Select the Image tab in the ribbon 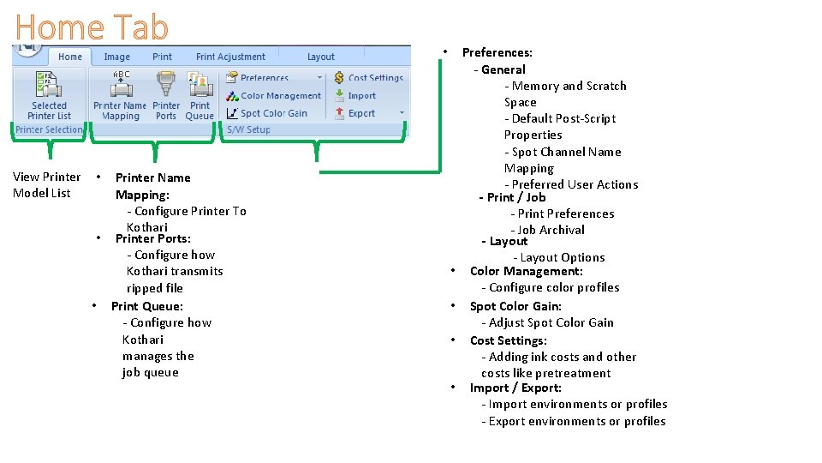pyautogui.click(x=117, y=57)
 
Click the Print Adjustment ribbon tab pyautogui.click(x=230, y=57)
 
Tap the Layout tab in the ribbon pyautogui.click(x=321, y=57)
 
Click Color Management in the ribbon pyautogui.click(x=274, y=96)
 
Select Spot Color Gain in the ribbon pyautogui.click(x=267, y=113)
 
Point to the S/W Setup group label pyautogui.click(x=248, y=129)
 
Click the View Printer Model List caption pyautogui.click(x=46, y=184)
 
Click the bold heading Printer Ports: pyautogui.click(x=152, y=238)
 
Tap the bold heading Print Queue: pyautogui.click(x=146, y=306)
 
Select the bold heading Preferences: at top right pyautogui.click(x=497, y=52)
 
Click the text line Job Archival pyautogui.click(x=551, y=230)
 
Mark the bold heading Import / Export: pyautogui.click(x=515, y=388)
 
